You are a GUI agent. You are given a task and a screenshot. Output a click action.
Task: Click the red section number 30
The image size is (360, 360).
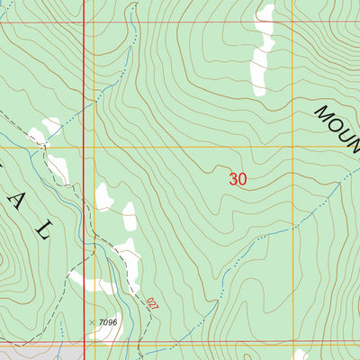[x=238, y=179]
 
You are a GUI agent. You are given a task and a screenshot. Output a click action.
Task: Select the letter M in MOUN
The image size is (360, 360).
[x=322, y=113]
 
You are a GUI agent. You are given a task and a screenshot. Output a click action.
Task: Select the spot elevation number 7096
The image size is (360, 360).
[x=108, y=321]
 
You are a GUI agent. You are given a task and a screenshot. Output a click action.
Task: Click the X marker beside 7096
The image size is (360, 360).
[x=92, y=321]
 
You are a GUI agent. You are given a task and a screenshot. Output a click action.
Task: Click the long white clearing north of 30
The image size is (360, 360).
[x=262, y=54]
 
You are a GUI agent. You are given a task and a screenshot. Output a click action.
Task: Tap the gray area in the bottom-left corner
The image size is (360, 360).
[x=36, y=352]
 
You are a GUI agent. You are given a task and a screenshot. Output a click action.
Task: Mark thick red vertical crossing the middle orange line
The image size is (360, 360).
[x=84, y=147]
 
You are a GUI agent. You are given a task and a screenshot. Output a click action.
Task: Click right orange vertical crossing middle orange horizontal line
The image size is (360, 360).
[x=294, y=147]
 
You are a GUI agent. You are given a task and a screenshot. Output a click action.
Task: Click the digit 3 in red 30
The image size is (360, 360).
[x=233, y=179]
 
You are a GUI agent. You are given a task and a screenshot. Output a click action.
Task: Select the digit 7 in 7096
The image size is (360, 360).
[x=102, y=321]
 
